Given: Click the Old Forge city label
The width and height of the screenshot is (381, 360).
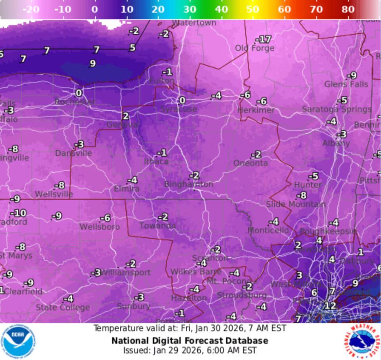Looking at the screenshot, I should pyautogui.click(x=254, y=48).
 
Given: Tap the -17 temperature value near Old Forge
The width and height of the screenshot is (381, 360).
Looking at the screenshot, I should pyautogui.click(x=264, y=39).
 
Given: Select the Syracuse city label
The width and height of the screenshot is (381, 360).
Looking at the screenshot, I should pyautogui.click(x=179, y=109).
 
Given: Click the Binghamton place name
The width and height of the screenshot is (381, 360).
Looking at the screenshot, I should pyautogui.click(x=189, y=184).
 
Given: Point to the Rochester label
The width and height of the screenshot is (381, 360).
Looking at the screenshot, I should pyautogui.click(x=75, y=102).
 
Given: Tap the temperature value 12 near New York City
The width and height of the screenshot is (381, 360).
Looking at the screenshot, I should pyautogui.click(x=330, y=306).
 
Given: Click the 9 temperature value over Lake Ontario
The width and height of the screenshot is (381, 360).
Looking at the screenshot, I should pyautogui.click(x=92, y=63).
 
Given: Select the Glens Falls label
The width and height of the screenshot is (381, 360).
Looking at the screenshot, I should pyautogui.click(x=346, y=84).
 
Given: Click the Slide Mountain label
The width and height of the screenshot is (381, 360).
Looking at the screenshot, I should pyautogui.click(x=296, y=204).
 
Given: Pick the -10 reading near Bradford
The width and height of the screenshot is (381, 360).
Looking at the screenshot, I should pyautogui.click(x=19, y=213).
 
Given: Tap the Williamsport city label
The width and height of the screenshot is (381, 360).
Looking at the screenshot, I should pyautogui.click(x=125, y=272).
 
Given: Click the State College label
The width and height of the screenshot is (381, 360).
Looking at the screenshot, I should pyautogui.click(x=63, y=307).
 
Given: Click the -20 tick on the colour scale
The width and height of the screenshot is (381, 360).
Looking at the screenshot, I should pyautogui.click(x=31, y=9).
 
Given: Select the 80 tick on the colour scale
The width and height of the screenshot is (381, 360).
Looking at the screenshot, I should pyautogui.click(x=348, y=9).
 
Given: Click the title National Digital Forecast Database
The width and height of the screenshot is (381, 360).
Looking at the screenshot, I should pyautogui.click(x=190, y=341).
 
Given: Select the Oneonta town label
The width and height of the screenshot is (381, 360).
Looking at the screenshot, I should pyautogui.click(x=250, y=163).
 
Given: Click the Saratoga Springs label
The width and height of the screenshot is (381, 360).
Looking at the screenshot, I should pyautogui.click(x=337, y=109).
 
